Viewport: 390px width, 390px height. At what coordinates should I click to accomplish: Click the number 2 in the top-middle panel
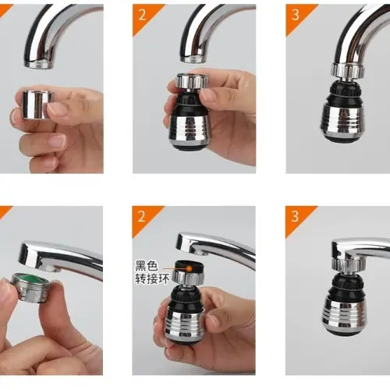click(140, 14)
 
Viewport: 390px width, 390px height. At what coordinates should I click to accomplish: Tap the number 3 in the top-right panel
click(295, 14)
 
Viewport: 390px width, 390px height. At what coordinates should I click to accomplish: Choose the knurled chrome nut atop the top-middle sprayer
click(190, 81)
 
